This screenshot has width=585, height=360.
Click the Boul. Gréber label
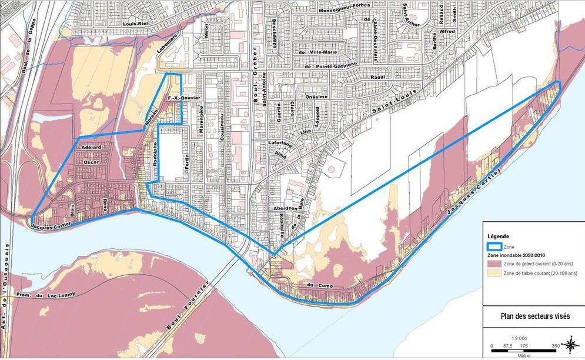pyautogui.click(x=256, y=88)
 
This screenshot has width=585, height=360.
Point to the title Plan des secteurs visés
pyautogui.click(x=534, y=316)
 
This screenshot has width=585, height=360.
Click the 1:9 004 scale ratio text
pyautogui.click(x=518, y=337)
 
